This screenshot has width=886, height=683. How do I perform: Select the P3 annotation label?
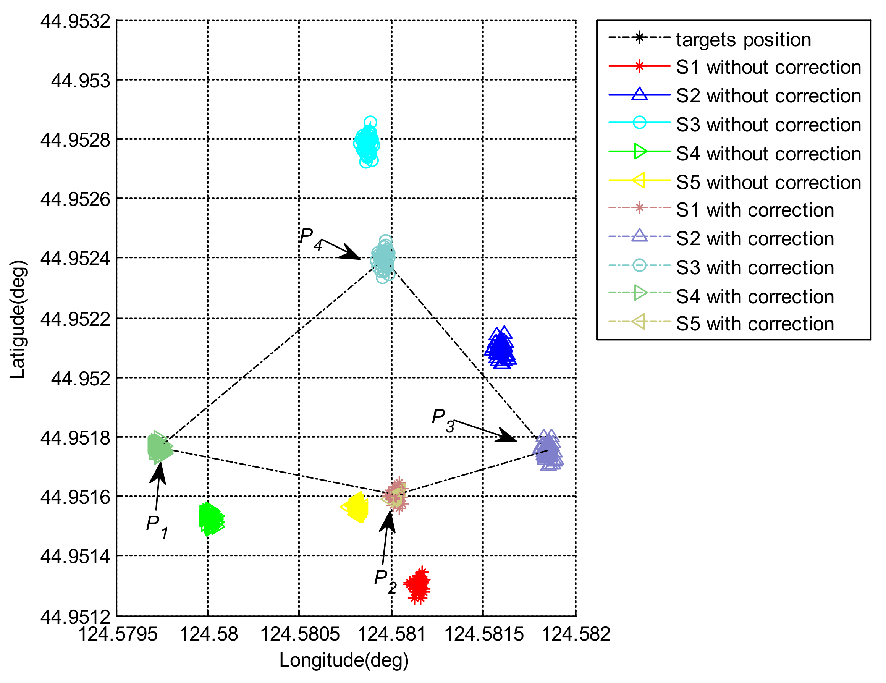coord(443,420)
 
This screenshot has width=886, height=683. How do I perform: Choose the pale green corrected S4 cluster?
coord(159,447)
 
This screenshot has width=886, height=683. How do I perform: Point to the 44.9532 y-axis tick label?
coord(75,21)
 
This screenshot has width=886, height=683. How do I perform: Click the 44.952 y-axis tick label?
coord(80,379)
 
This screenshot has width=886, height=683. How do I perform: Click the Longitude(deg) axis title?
coord(344,660)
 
